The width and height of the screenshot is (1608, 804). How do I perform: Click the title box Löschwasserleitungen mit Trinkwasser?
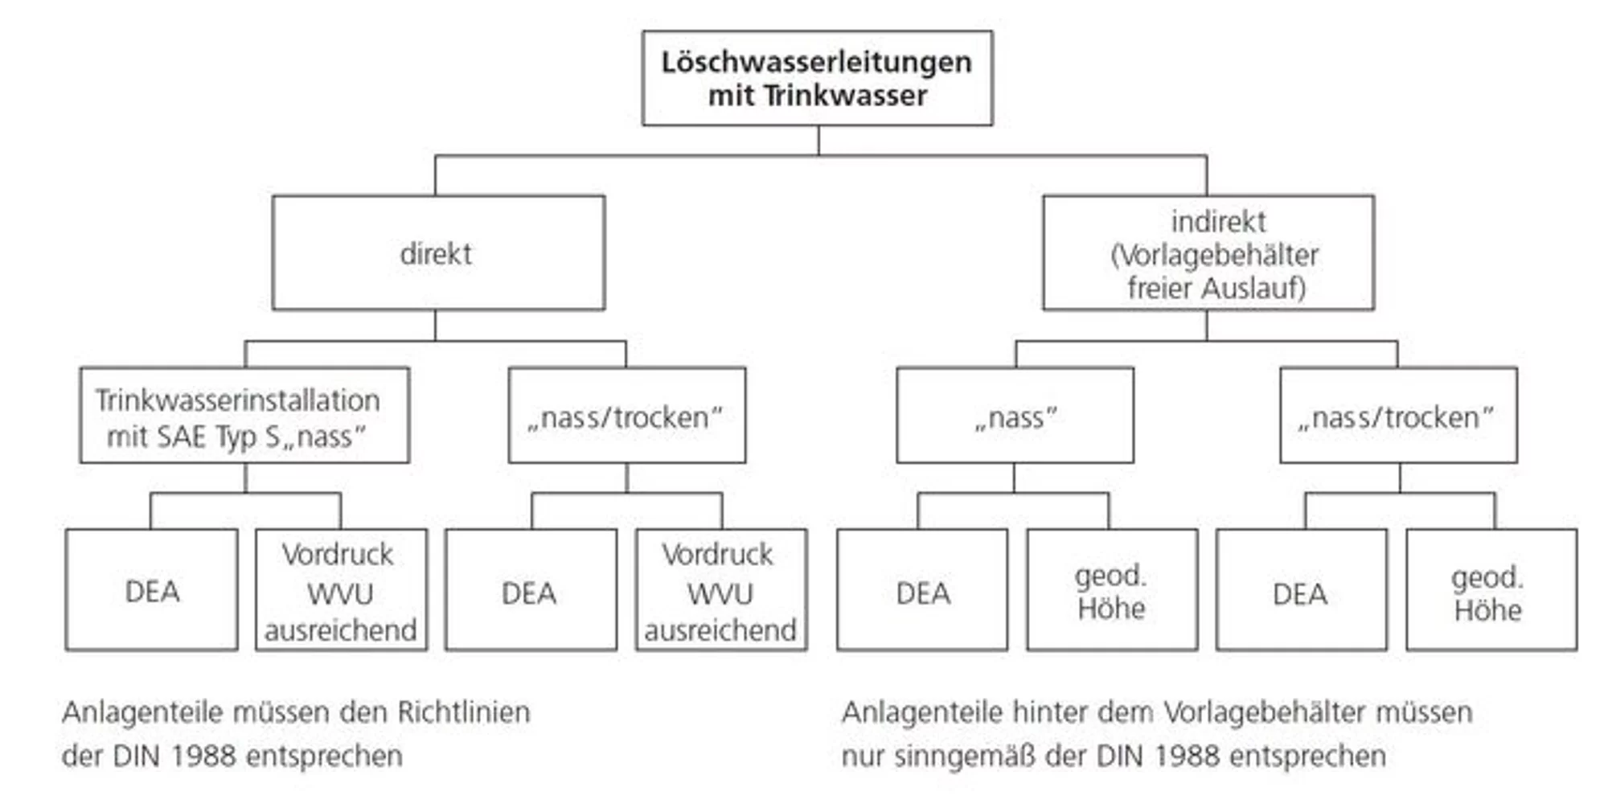pyautogui.click(x=817, y=78)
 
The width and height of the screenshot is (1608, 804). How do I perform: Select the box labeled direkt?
pyautogui.click(x=438, y=253)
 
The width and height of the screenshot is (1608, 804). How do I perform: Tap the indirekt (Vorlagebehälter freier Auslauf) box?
pyautogui.click(x=1208, y=253)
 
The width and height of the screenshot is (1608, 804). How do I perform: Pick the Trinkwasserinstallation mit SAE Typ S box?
pyautogui.click(x=244, y=416)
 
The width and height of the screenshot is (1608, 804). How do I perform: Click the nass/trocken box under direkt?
pyautogui.click(x=626, y=416)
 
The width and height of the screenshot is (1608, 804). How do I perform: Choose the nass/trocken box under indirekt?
pyautogui.click(x=1398, y=416)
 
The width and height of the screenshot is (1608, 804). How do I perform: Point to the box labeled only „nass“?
pyautogui.click(x=1015, y=416)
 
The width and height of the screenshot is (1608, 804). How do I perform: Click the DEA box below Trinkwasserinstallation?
pyautogui.click(x=152, y=590)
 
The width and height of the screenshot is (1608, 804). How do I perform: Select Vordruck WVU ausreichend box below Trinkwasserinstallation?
pyautogui.click(x=341, y=590)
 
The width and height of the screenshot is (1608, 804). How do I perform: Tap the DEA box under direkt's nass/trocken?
pyautogui.click(x=531, y=590)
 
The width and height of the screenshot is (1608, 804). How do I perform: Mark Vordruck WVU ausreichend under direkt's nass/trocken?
pyautogui.click(x=720, y=590)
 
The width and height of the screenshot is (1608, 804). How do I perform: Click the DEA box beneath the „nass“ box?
pyautogui.click(x=922, y=590)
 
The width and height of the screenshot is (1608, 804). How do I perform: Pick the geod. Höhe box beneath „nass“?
pyautogui.click(x=1111, y=590)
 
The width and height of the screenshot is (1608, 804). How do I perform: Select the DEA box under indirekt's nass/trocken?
pyautogui.click(x=1301, y=590)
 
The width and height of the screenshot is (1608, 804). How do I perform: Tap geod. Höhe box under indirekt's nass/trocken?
pyautogui.click(x=1491, y=590)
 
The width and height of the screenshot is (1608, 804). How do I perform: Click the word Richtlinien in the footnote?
pyautogui.click(x=463, y=712)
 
